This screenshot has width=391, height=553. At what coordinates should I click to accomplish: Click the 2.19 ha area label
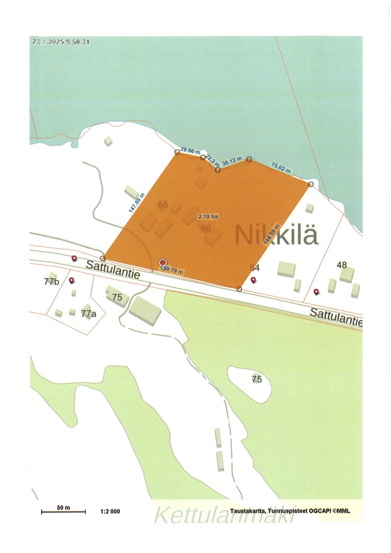(x=208, y=217)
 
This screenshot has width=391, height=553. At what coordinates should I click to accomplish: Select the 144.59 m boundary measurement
(x=271, y=235)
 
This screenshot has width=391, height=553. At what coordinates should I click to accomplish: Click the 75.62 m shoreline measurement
(x=281, y=168)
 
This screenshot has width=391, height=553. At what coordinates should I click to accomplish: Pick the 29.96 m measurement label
(x=190, y=151)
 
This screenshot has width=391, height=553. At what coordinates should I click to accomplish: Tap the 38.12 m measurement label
(x=232, y=161)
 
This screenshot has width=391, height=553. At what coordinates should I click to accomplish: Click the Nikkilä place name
(x=276, y=235)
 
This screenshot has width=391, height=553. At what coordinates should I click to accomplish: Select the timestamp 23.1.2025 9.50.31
(x=61, y=42)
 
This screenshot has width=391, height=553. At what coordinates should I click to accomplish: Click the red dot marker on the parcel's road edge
(x=163, y=263)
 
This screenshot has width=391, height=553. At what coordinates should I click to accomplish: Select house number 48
(x=342, y=265)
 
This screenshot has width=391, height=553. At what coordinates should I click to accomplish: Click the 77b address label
(x=52, y=282)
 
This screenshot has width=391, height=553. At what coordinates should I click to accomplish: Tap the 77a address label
(x=89, y=314)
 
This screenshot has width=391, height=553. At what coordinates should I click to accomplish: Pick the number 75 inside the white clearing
(x=257, y=379)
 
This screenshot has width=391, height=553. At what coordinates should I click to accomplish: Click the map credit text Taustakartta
(x=248, y=511)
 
